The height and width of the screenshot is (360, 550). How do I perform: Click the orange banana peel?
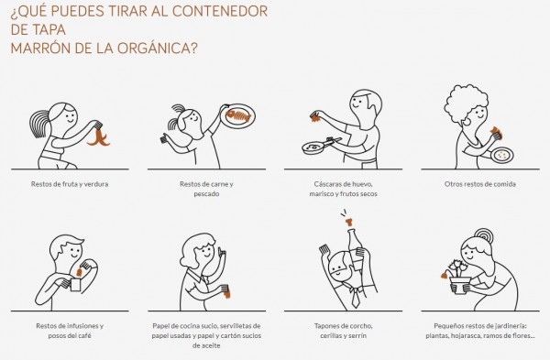[99, 138]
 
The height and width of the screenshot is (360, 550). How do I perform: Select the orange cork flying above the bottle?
[349, 222]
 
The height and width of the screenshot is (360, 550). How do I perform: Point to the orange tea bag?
[80, 272]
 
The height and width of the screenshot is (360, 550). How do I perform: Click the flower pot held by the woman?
[460, 285]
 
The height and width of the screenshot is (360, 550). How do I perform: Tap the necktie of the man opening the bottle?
[356, 297]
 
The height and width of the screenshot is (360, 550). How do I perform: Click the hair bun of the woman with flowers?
[484, 235]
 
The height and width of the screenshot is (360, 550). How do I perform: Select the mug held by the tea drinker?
[74, 285]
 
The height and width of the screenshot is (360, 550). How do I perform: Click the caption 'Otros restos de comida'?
[479, 184]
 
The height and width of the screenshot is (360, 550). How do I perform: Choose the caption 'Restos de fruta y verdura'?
[70, 184]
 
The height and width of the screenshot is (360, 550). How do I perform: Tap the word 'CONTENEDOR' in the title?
[220, 11]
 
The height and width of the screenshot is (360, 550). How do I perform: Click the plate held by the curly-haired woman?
[502, 155]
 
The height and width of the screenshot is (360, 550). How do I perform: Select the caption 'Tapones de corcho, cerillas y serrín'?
[344, 331]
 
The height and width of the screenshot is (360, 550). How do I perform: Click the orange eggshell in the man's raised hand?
[315, 117]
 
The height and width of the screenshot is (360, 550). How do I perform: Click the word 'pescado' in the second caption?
[206, 194]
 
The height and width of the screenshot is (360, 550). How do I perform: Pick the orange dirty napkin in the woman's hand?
[227, 294]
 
